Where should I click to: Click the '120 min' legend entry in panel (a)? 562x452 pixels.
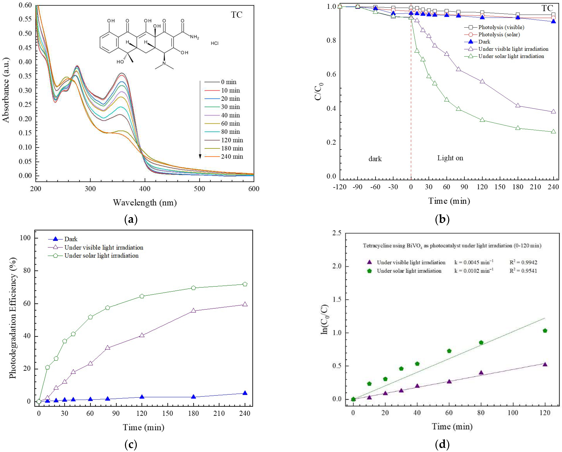point(232,140)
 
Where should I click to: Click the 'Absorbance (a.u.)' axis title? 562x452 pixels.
point(6,90)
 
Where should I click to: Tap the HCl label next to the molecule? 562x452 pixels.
point(215,43)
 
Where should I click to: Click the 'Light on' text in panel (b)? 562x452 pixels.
point(450,158)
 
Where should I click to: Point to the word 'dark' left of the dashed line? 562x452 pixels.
point(375,159)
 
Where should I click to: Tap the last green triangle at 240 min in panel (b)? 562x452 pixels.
point(553,132)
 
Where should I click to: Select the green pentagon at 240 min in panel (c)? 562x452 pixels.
point(245,284)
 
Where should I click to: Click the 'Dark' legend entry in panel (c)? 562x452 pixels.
point(71,239)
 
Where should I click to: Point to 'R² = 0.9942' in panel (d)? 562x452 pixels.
point(523,262)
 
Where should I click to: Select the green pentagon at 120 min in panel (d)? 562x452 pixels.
point(545,331)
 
